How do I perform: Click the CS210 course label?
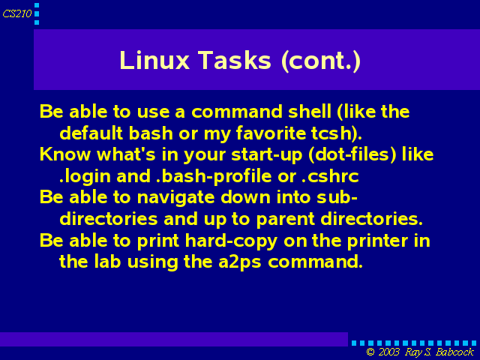click(17, 13)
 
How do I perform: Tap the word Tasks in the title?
click(235, 60)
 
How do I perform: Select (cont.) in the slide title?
click(321, 61)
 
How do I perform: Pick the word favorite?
click(271, 133)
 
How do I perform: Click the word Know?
click(65, 154)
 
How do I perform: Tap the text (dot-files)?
click(352, 154)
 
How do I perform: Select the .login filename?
click(85, 177)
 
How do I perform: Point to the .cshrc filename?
click(330, 177)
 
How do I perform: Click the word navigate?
click(175, 198)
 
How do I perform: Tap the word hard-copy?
click(231, 241)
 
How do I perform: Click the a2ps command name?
click(240, 262)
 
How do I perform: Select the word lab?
click(107, 262)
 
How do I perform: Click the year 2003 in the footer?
click(388, 352)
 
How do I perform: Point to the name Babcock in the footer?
click(454, 352)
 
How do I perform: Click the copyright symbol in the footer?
click(370, 352)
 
